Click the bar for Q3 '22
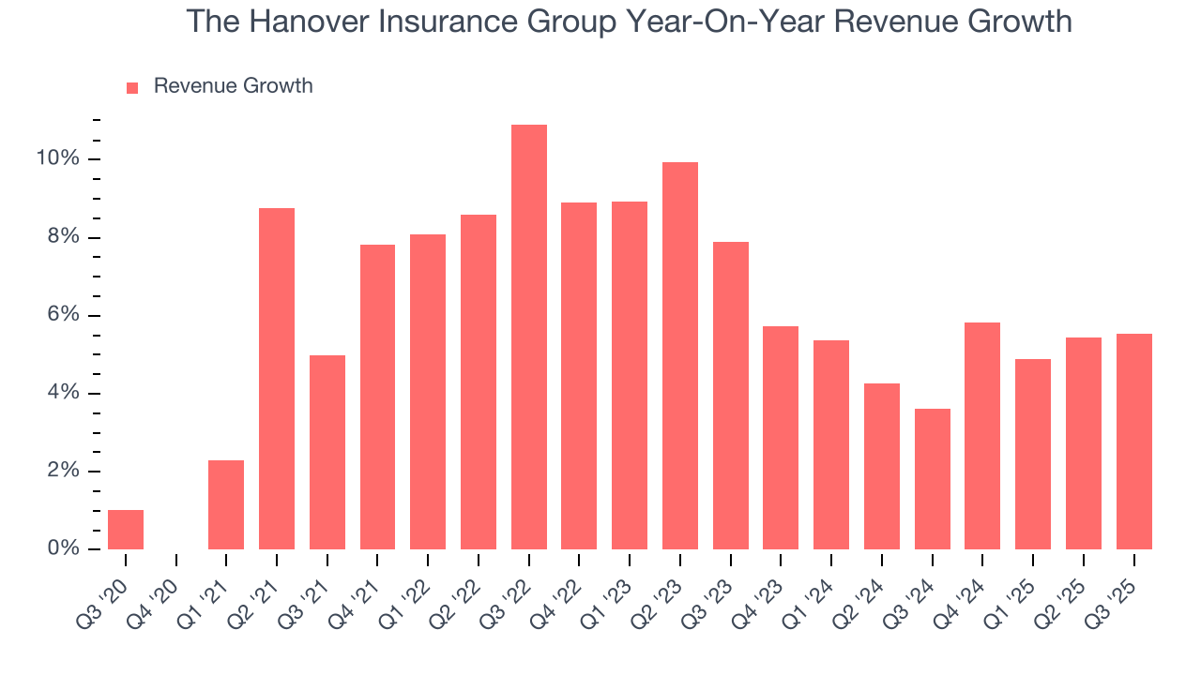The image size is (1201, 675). (529, 337)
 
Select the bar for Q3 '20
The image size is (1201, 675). (126, 530)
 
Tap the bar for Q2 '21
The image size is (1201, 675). (277, 379)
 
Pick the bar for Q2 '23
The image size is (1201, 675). (680, 356)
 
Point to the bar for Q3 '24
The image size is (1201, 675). (933, 479)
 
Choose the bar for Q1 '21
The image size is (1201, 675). (226, 504)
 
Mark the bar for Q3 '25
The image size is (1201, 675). (1134, 442)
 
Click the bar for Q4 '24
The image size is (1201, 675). (982, 436)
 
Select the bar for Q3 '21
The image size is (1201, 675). (327, 452)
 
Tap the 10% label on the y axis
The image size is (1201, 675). (57, 158)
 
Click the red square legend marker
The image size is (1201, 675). (132, 88)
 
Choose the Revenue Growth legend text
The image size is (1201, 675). (233, 86)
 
